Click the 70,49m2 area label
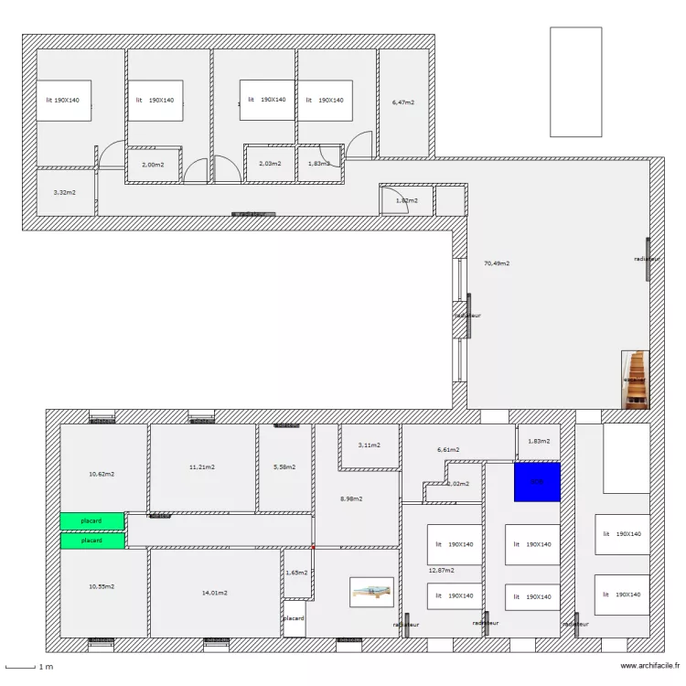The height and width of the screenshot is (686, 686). coord(496,263)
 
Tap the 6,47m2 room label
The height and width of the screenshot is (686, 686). coord(403,102)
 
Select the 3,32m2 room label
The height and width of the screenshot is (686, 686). coord(64,193)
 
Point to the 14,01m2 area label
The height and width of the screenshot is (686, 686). coord(215,593)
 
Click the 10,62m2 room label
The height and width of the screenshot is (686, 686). coord(102,474)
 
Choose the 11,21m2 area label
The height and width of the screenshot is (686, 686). coord(202,467)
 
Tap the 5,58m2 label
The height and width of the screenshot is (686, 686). coord(284,467)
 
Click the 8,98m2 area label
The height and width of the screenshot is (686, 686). coord(351,498)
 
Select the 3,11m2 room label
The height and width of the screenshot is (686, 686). coord(369,445)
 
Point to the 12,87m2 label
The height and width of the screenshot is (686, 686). coord(442,570)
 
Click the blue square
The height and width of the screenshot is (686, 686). coord(537,482)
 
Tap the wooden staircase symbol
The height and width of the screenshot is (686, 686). coord(635,379)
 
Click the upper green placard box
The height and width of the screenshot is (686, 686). coord(91,520)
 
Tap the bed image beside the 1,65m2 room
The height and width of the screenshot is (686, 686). coord(371,592)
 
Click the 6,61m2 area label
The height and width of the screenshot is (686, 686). coord(448,450)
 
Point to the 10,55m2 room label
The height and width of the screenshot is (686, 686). coord(102,586)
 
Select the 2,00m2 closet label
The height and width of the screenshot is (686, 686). coord(153,165)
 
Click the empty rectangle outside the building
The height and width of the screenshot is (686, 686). coord(575,81)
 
